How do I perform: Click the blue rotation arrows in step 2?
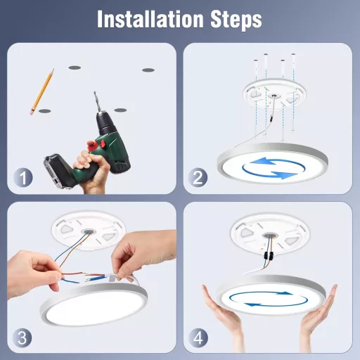pos(266,167)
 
